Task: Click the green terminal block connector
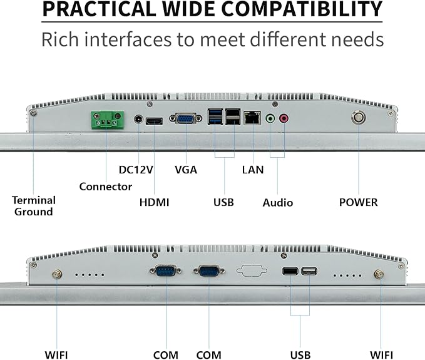(x=108, y=120)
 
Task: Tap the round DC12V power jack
(x=138, y=120)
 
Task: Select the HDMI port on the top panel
(x=154, y=121)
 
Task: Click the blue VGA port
(x=186, y=118)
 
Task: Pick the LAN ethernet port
(x=252, y=118)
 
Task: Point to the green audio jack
(x=270, y=118)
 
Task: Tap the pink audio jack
(x=284, y=118)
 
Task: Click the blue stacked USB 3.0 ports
(x=215, y=116)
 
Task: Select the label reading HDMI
(x=154, y=202)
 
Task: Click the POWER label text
(x=358, y=202)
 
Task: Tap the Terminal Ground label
(x=34, y=206)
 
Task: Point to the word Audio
(x=278, y=203)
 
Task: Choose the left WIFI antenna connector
(x=57, y=275)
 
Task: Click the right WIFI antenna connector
(x=379, y=275)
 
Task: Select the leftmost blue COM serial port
(x=165, y=270)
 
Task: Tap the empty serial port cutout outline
(x=252, y=270)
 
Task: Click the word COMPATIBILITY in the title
(x=302, y=9)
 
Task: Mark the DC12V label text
(x=136, y=170)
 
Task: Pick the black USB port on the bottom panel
(x=290, y=271)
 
